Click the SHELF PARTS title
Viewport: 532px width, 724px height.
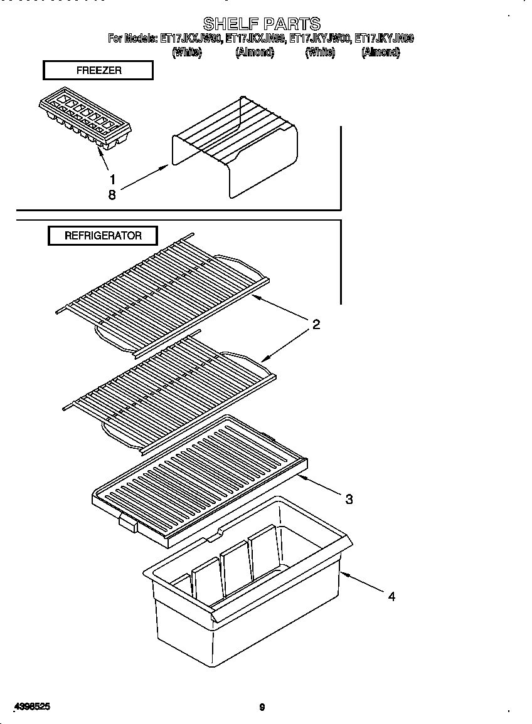(x=262, y=24)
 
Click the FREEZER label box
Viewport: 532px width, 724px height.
(x=98, y=70)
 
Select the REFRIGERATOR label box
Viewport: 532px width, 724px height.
(x=103, y=236)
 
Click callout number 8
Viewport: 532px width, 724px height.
(x=112, y=195)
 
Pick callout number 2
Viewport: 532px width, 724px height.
(x=316, y=324)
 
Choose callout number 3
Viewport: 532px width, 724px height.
(x=349, y=499)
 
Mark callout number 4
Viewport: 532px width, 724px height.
(x=391, y=597)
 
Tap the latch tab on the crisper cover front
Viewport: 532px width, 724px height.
(x=127, y=522)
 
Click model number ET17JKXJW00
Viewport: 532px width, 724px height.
(x=190, y=39)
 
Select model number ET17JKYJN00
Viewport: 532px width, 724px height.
(x=384, y=39)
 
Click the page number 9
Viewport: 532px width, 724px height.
(x=262, y=708)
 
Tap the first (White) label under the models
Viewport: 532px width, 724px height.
(x=187, y=53)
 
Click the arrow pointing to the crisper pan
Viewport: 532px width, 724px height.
(x=363, y=582)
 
